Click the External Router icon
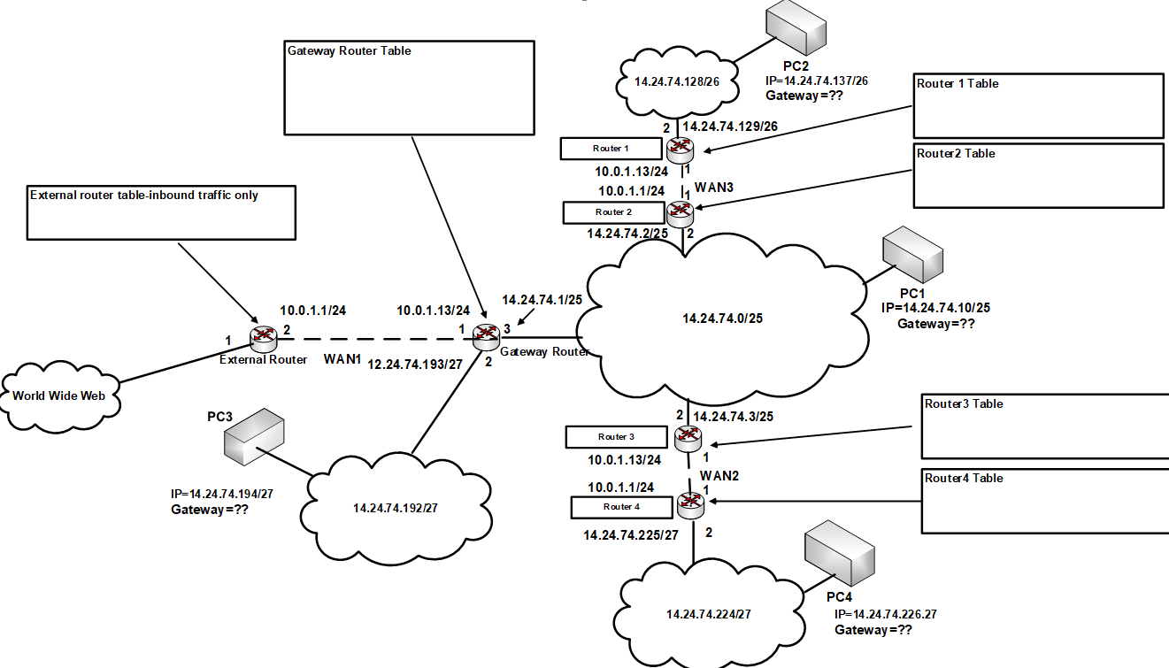tap(263, 334)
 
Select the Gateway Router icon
tap(485, 334)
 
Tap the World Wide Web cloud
tap(59, 395)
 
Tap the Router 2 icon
tap(681, 211)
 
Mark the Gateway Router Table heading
tap(349, 51)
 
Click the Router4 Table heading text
tap(964, 478)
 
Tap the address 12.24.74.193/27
tap(415, 365)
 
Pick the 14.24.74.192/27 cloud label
tap(396, 508)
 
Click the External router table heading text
tap(144, 195)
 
